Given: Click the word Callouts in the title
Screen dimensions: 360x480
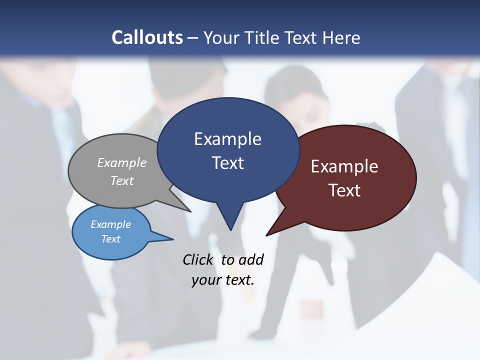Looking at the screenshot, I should (147, 37).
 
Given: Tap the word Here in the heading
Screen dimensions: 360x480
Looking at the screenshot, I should (341, 37).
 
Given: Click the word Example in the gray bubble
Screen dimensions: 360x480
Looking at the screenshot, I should (122, 162).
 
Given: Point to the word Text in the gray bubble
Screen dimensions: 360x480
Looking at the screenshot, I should (122, 180).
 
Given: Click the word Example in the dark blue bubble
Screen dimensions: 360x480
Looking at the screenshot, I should (227, 139).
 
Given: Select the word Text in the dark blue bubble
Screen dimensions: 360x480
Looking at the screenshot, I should (227, 163).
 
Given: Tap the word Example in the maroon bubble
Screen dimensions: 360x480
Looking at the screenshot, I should (344, 166).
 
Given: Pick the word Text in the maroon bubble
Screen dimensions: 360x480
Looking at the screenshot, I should (344, 190).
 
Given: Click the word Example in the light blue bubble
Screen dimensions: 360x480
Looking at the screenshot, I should (110, 224).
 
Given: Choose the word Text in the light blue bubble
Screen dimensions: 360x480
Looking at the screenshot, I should (110, 239).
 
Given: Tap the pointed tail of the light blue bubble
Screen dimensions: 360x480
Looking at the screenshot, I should (167, 238).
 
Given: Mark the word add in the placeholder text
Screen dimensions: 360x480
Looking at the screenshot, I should (250, 259).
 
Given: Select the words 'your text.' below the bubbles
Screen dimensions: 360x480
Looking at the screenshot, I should (223, 280).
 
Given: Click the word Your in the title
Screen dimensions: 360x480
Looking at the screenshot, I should (221, 37).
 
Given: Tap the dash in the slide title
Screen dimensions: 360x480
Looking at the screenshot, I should (193, 37).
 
